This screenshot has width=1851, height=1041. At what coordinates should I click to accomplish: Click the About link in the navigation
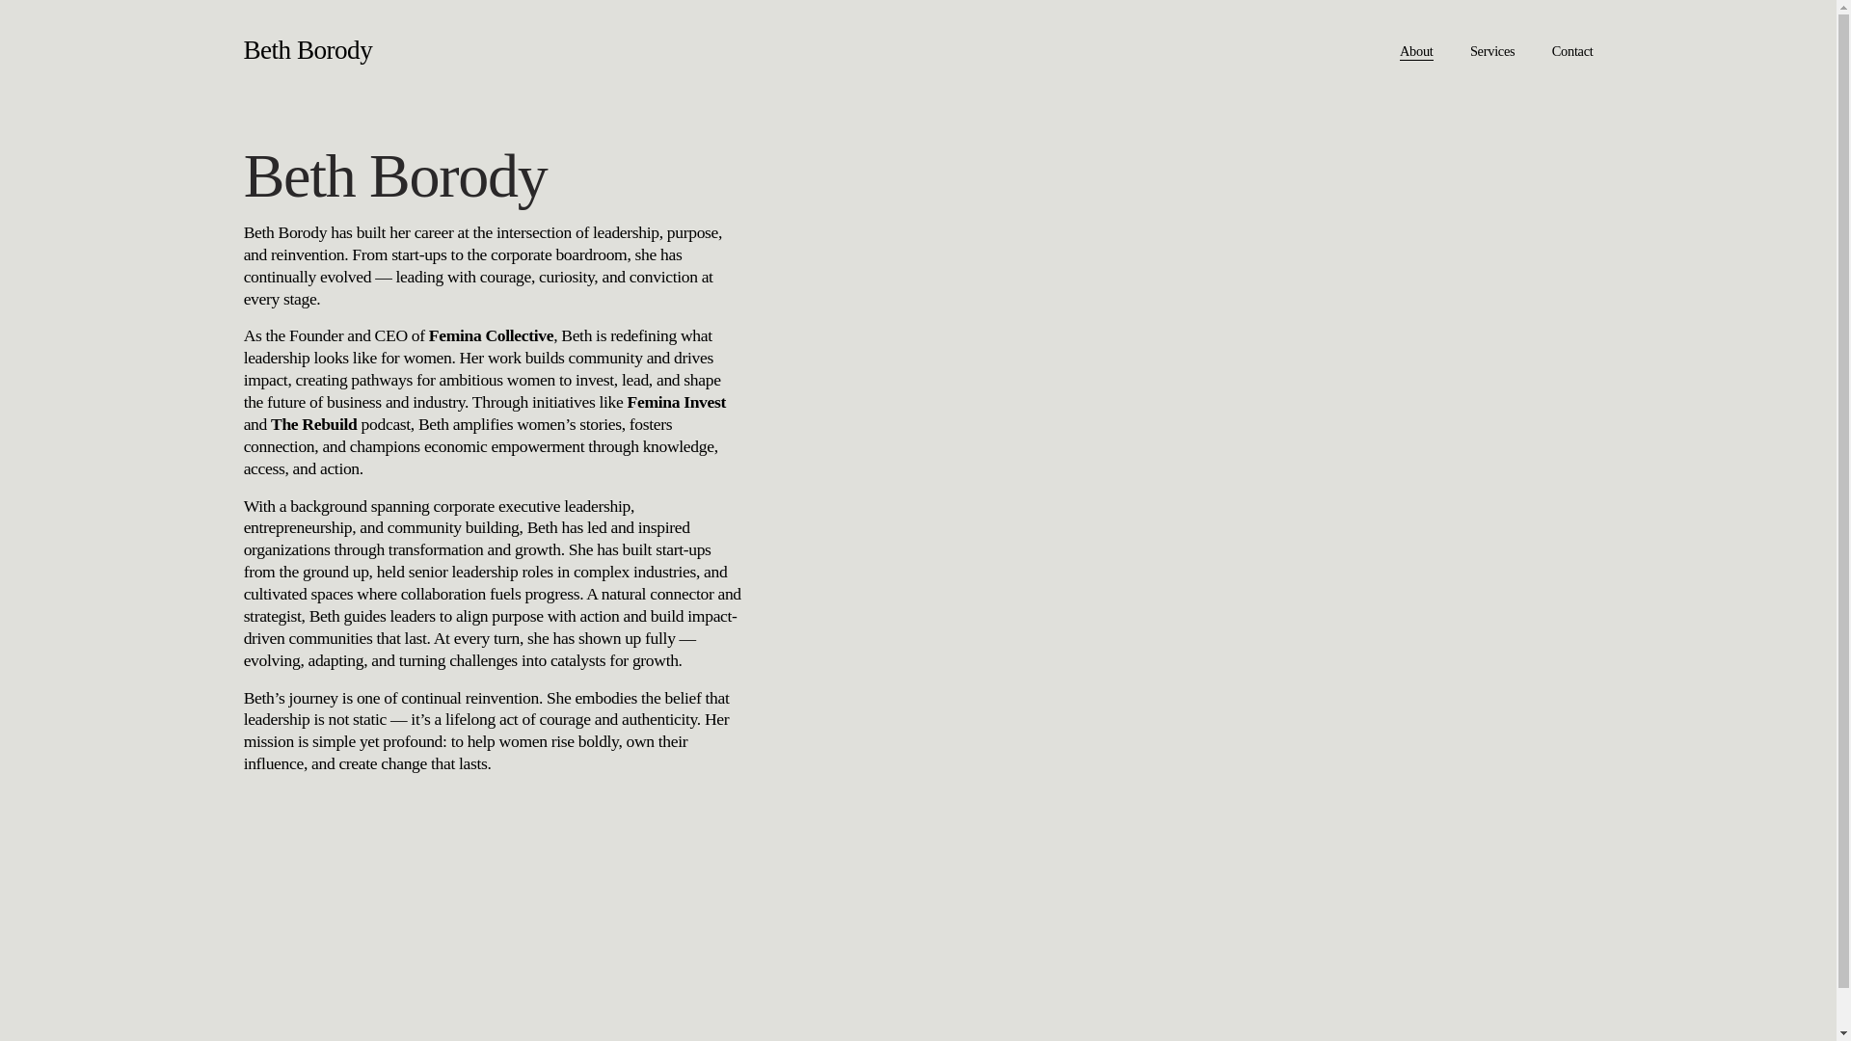point(1415,52)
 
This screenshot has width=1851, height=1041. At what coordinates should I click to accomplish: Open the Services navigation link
point(1491,52)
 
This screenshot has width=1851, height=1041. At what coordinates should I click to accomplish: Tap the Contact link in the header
point(1571,52)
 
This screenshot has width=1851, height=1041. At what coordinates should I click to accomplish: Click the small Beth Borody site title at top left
point(308,50)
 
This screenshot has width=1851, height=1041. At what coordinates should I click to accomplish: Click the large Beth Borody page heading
point(395,176)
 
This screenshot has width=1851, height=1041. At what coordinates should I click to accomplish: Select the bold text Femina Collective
point(491,336)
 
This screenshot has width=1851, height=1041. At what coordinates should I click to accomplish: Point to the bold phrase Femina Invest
point(676,403)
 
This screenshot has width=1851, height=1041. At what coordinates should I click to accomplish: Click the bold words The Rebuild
point(313,425)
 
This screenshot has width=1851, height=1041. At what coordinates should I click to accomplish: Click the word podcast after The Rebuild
point(385,425)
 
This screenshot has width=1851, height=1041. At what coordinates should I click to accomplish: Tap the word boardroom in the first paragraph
point(591,255)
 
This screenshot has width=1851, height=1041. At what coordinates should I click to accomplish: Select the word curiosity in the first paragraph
point(566,278)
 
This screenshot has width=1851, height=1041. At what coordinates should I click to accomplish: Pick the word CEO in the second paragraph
point(390,336)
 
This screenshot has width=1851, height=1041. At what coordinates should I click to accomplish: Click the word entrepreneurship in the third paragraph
point(298,528)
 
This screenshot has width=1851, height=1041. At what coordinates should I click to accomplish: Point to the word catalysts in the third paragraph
point(577,661)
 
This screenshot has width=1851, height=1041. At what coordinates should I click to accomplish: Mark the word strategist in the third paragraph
point(272,617)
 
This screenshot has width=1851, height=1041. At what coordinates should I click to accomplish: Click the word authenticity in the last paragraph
point(658,720)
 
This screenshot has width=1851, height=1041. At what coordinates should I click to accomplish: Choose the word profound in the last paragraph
point(413,742)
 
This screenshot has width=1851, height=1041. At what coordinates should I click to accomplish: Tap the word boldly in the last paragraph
point(598,742)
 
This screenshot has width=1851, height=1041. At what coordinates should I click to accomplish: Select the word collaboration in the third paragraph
point(443,595)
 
